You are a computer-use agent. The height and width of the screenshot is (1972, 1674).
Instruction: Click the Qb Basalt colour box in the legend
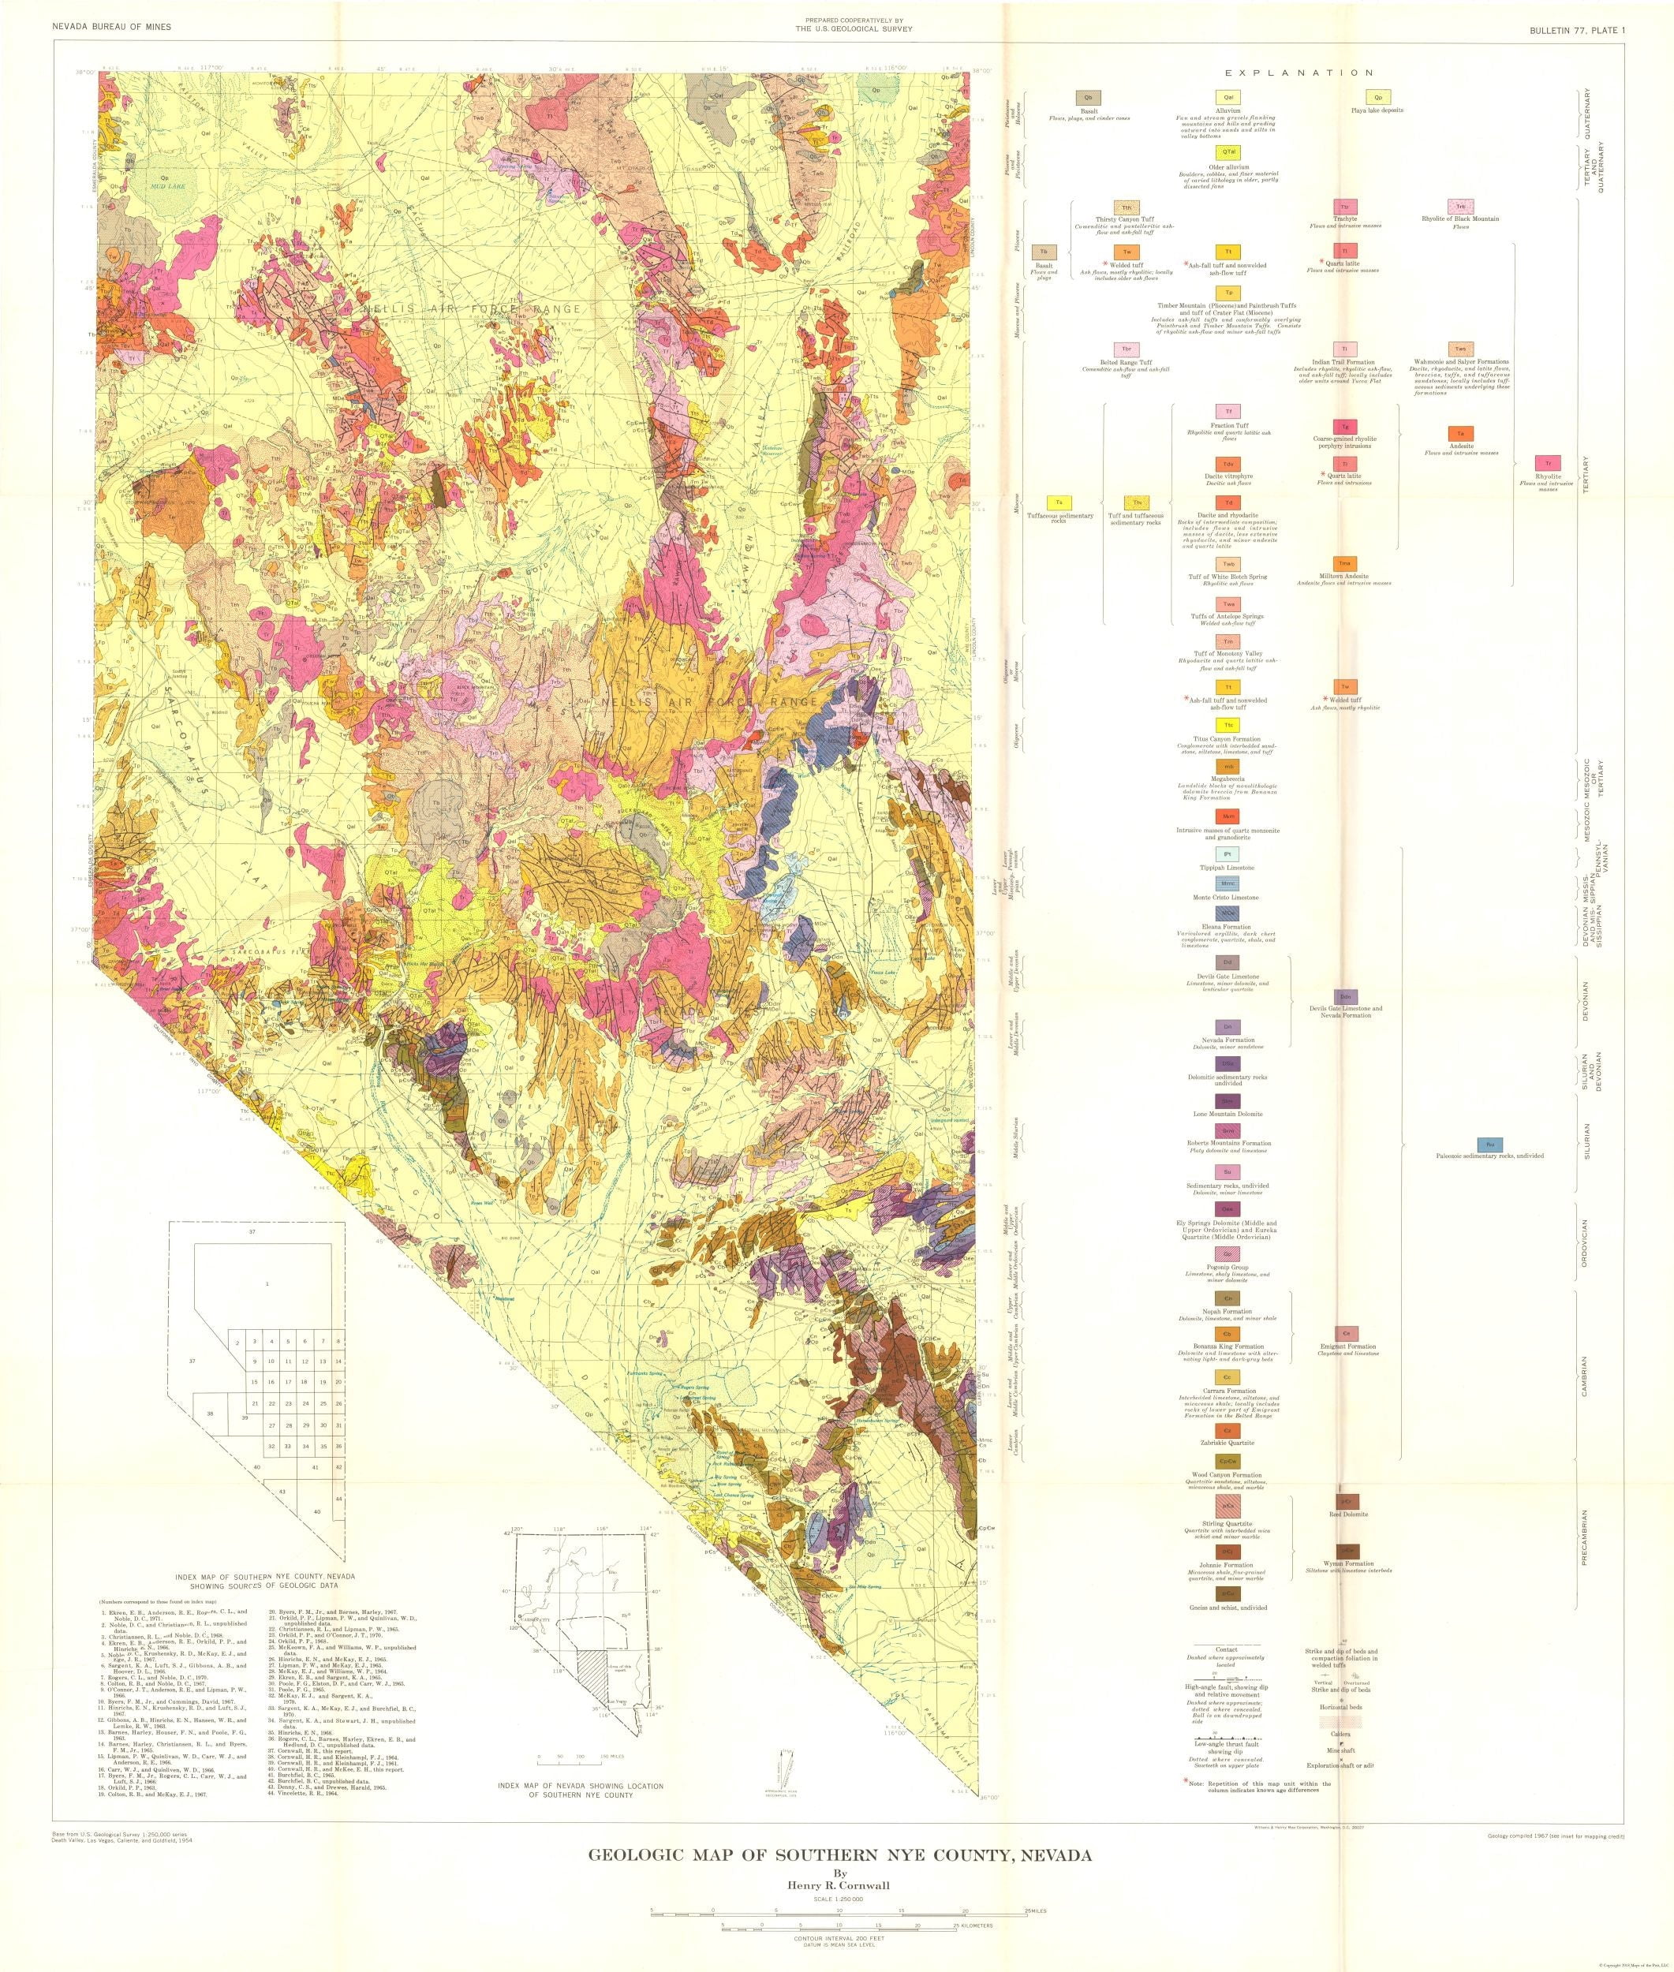point(1089,98)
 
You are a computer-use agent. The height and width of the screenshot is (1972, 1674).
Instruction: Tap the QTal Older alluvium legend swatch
point(1229,151)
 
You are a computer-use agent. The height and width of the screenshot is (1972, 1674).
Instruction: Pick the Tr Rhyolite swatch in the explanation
point(1548,464)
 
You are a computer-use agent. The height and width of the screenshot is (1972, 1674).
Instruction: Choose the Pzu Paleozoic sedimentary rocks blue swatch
point(1490,1145)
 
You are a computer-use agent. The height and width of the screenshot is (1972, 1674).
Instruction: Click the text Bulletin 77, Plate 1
point(1576,30)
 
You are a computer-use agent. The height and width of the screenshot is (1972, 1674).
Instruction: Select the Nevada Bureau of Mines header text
point(112,28)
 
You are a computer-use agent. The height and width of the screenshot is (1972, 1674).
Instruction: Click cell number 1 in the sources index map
point(267,1284)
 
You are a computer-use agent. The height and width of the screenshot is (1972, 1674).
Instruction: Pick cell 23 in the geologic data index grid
point(289,1403)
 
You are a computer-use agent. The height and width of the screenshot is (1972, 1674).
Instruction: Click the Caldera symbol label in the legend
point(1340,1733)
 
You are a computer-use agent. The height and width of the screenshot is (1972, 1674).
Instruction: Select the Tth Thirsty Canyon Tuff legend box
point(1127,207)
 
